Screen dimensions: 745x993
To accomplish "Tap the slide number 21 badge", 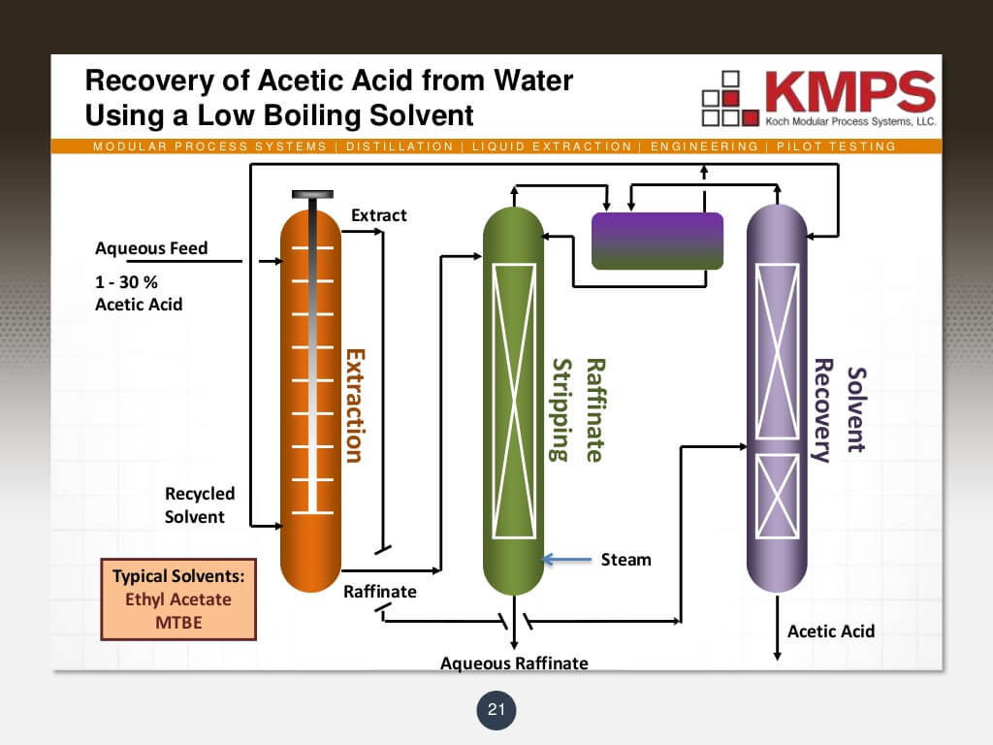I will pos(496,710).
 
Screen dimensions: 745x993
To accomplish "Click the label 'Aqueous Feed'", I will pos(151,248).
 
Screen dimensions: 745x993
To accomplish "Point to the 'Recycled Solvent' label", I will pos(199,505).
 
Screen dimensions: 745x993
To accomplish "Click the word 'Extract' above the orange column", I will pos(378,215).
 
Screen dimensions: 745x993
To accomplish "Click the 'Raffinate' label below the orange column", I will pos(380,591).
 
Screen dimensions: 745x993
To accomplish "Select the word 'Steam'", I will pos(625,560).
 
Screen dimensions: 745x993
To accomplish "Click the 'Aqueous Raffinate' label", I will pos(514,664).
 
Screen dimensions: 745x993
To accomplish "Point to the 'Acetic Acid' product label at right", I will pos(831,632).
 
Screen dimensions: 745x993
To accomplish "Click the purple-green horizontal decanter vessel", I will pos(657,241).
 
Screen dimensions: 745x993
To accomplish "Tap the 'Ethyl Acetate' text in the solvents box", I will pos(178,599).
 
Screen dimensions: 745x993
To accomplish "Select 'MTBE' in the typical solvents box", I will pos(178,622).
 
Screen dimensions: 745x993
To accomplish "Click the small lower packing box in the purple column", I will pos(777,496).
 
